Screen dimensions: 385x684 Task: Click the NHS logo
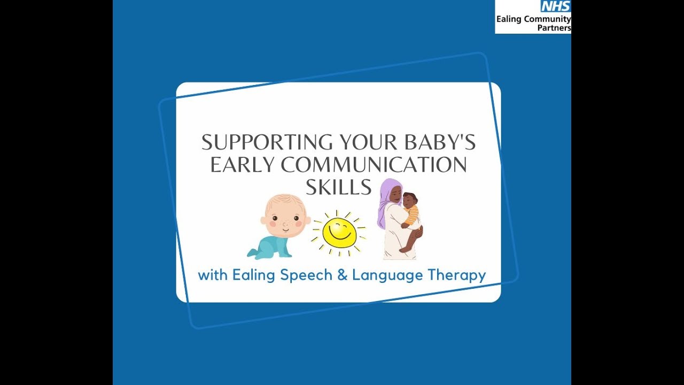pos(556,6)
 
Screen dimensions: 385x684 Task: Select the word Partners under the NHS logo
pos(554,28)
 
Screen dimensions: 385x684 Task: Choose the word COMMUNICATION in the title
pos(374,165)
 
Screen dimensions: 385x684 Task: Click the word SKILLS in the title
pos(338,187)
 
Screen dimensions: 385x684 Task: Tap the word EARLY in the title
pos(243,165)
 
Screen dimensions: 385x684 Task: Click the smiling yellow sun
pos(339,233)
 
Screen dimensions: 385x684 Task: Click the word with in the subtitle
pos(213,276)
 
